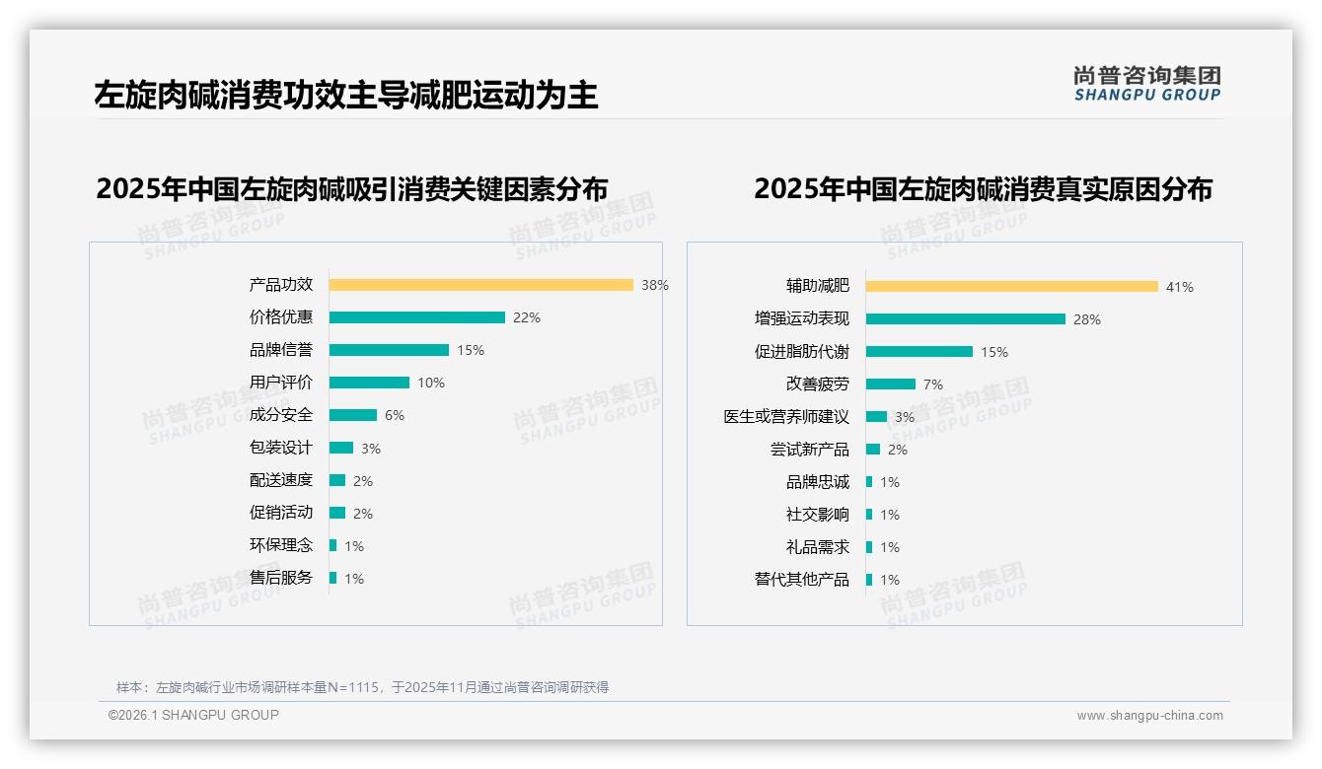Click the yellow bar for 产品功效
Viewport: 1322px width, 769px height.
click(x=480, y=285)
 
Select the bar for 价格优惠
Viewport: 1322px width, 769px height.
click(x=416, y=317)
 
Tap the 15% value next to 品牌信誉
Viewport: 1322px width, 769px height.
click(x=471, y=350)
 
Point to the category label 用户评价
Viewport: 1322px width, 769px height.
click(x=281, y=383)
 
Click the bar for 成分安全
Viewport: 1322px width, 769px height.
click(x=352, y=415)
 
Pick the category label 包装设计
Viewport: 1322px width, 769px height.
click(x=281, y=448)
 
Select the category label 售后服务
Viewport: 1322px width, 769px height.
click(x=281, y=578)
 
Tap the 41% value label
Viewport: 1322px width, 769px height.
click(x=1179, y=287)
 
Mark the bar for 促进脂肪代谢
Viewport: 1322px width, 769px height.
click(x=918, y=352)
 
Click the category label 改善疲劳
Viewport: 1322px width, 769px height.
click(x=817, y=384)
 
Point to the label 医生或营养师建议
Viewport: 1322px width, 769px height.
click(x=786, y=417)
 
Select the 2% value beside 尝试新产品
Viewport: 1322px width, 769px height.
click(x=897, y=450)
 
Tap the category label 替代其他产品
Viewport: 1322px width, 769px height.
click(x=801, y=580)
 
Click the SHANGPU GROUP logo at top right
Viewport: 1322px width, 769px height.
click(x=1146, y=84)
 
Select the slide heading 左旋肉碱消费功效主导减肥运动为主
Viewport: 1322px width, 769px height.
click(x=346, y=96)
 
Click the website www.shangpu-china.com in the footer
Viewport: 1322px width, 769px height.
click(x=1149, y=716)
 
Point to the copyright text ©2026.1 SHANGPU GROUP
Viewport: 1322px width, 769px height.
click(x=193, y=715)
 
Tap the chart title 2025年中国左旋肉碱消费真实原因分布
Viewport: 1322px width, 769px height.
click(x=983, y=188)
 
